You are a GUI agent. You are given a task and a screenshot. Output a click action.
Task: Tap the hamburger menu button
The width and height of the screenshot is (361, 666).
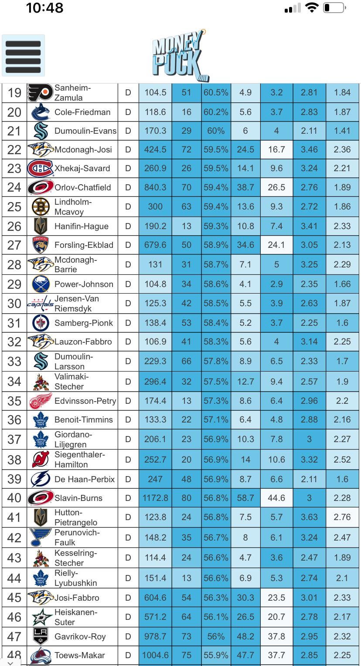point(24,56)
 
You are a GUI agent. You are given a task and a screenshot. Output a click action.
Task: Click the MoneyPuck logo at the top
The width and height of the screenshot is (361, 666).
point(180,56)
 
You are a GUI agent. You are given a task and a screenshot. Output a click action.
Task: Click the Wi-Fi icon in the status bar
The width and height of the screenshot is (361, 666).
point(312,8)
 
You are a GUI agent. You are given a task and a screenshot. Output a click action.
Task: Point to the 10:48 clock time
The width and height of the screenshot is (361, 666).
point(44,8)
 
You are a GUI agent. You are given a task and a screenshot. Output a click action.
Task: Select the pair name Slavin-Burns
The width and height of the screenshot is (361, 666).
point(78,498)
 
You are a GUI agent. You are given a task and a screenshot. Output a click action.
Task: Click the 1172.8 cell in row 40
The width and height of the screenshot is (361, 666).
point(155,498)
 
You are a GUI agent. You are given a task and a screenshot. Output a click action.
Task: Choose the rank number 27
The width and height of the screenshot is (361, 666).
point(14,245)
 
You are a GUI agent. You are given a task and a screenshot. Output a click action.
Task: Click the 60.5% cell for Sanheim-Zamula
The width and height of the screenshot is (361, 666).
point(216,92)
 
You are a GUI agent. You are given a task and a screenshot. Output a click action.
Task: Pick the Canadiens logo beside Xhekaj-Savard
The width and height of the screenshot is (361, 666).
point(40,169)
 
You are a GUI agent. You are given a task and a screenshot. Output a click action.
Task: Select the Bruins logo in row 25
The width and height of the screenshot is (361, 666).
point(41,207)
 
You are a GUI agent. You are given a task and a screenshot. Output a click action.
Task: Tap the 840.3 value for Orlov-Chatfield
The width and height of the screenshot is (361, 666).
point(155,187)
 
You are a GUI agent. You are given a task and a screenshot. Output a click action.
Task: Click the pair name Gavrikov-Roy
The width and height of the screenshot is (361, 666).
point(80,636)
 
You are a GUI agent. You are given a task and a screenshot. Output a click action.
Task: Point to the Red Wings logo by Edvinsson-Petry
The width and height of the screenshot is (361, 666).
point(41,401)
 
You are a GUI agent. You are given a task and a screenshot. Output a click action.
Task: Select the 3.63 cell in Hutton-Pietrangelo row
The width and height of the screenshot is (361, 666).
point(309,517)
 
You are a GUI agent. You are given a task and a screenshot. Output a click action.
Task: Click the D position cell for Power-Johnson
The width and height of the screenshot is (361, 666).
point(128,284)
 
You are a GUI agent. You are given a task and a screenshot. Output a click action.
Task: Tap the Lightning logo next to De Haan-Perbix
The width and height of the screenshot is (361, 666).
point(41,479)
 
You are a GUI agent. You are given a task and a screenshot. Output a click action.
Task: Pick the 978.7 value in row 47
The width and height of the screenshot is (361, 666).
point(155,636)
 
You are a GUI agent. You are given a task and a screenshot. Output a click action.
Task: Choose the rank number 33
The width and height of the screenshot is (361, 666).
point(14,361)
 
